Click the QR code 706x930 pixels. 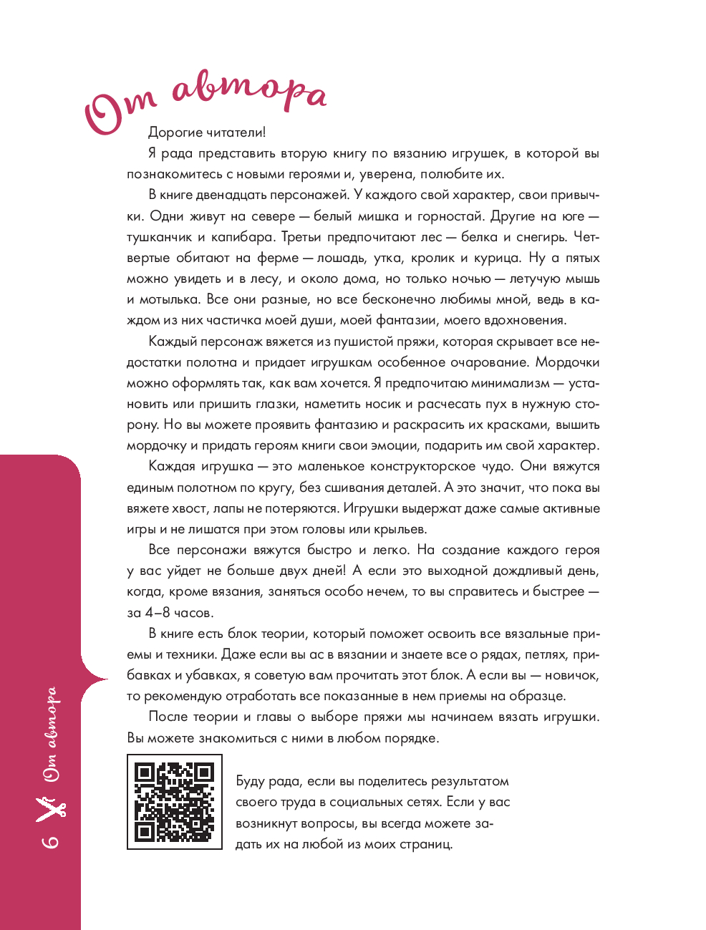174,801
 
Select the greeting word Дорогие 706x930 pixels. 175,132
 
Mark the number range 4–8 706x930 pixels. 158,613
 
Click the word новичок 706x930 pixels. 572,675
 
